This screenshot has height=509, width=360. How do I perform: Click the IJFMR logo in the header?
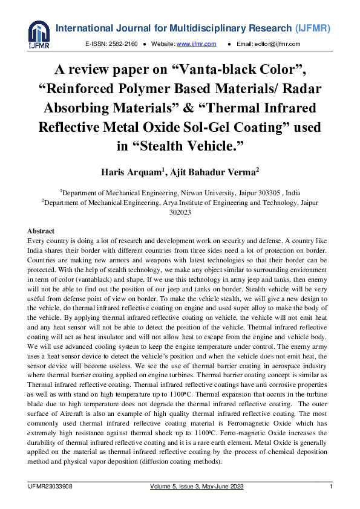click(39, 34)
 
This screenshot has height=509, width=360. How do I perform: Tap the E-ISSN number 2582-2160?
click(123, 44)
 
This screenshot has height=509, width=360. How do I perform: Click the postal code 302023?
click(180, 212)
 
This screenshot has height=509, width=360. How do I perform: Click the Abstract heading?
click(41, 231)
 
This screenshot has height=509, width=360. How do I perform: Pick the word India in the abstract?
click(37, 251)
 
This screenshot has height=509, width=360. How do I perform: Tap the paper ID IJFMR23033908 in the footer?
click(50, 487)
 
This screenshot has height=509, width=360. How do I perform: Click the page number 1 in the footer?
click(331, 487)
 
